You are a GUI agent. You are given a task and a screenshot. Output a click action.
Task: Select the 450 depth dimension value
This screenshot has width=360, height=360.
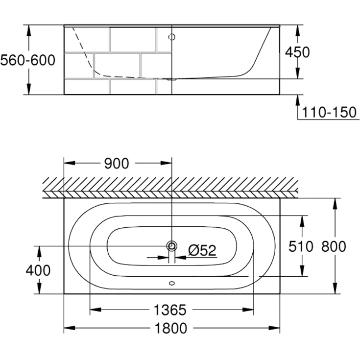click(298, 52)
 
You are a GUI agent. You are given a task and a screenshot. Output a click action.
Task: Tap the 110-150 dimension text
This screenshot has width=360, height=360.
click(329, 112)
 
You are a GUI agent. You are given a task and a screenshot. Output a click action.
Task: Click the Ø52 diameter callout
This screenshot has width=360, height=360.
click(202, 250)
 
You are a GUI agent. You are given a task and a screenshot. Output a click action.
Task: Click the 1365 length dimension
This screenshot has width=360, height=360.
click(170, 310)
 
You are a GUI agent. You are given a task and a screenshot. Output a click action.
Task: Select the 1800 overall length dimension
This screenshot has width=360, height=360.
click(170, 328)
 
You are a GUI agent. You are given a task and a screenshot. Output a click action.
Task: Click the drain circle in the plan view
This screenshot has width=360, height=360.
click(171, 245)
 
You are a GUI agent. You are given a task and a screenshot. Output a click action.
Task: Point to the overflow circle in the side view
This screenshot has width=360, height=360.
click(171, 37)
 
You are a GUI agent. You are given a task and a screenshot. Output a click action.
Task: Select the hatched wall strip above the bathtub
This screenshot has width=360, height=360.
click(171, 187)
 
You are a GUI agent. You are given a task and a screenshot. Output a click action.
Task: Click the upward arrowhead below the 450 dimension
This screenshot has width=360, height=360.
click(297, 100)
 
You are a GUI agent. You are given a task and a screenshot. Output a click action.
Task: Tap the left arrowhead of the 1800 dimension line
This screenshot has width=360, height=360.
click(69, 328)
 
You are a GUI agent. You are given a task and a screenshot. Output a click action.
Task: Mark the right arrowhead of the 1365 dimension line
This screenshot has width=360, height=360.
click(250, 310)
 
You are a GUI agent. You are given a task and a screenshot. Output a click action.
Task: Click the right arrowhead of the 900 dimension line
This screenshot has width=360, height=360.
click(167, 164)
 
